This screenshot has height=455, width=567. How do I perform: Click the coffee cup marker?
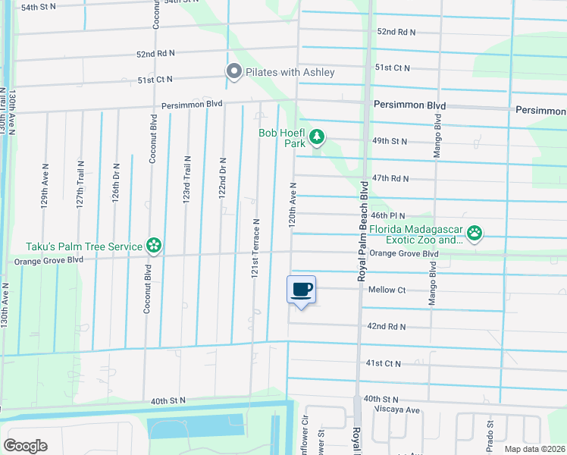click(x=301, y=289)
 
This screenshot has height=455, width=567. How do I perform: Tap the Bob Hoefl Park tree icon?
click(x=318, y=137)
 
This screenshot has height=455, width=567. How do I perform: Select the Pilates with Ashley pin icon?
click(x=234, y=71)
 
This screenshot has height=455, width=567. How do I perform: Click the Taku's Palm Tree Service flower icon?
click(x=154, y=245)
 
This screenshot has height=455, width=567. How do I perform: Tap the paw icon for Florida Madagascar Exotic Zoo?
click(x=475, y=233)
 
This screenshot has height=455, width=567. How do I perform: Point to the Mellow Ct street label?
click(x=387, y=290)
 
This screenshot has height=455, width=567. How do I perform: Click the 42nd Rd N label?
click(x=387, y=327)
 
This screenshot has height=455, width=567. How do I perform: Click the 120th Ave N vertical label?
click(x=292, y=206)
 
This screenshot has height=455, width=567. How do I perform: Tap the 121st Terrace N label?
click(x=256, y=248)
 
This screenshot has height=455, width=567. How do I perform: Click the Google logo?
click(x=26, y=446)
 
